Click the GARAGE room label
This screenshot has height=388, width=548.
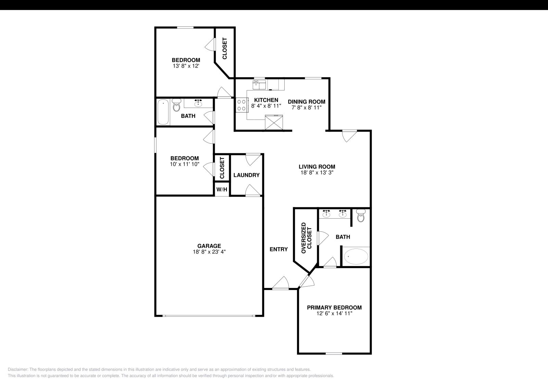pyautogui.click(x=209, y=246)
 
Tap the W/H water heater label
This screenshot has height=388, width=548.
pyautogui.click(x=222, y=189)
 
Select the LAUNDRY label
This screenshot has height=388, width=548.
pyautogui.click(x=246, y=175)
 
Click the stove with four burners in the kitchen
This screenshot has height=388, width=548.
pyautogui.click(x=242, y=105)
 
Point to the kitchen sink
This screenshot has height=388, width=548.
pyautogui.click(x=259, y=84)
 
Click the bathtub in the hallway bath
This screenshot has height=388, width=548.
pyautogui.click(x=163, y=112)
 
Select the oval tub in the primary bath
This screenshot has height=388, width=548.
pyautogui.click(x=356, y=256)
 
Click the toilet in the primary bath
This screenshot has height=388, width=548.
pyautogui.click(x=361, y=216)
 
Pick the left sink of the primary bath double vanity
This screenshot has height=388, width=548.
pyautogui.click(x=326, y=214)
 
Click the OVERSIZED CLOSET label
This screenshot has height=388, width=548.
pyautogui.click(x=306, y=238)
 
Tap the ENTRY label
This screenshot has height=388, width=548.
pyautogui.click(x=278, y=250)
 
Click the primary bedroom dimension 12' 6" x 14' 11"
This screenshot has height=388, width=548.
pyautogui.click(x=334, y=313)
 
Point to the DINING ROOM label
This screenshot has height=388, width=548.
pyautogui.click(x=306, y=101)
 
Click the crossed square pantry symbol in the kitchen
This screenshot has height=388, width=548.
pyautogui.click(x=274, y=123)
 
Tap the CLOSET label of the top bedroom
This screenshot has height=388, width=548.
pyautogui.click(x=225, y=48)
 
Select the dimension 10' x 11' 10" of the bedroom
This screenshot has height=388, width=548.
pyautogui.click(x=185, y=164)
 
